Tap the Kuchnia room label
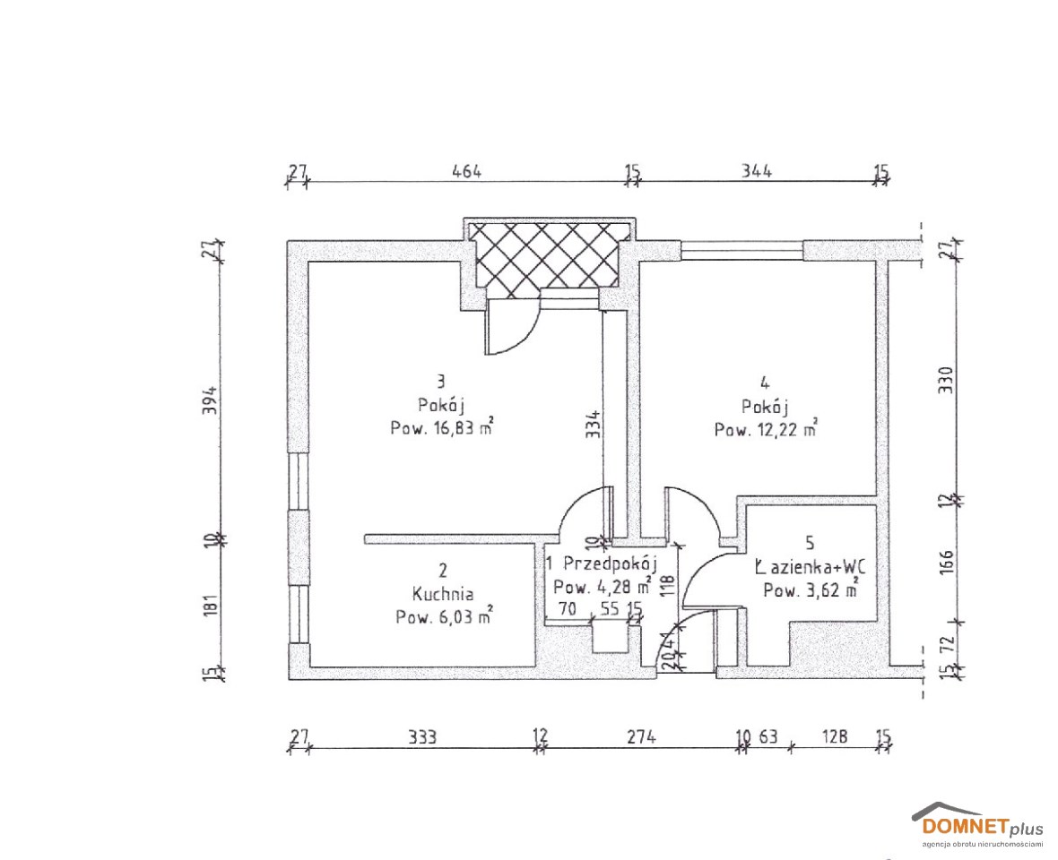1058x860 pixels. (x=443, y=594)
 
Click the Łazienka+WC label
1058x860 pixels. (x=810, y=567)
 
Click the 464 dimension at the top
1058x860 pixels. (x=467, y=170)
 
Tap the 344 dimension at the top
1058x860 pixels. (x=757, y=170)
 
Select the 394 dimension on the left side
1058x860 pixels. (x=211, y=400)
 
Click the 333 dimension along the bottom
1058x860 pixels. (x=422, y=736)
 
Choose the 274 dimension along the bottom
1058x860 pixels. (x=642, y=736)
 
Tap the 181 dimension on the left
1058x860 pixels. (x=211, y=606)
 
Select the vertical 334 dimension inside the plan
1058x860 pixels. (x=593, y=425)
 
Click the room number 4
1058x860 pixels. (x=765, y=383)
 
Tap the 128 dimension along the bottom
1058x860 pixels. (x=835, y=736)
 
